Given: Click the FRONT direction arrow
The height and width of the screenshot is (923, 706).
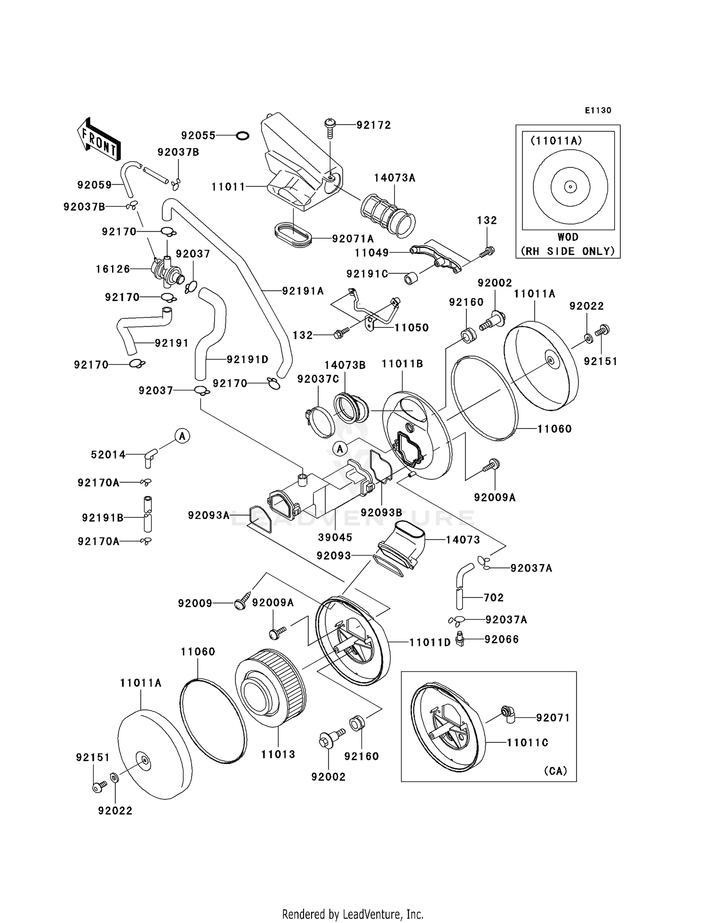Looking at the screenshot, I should pos(99,140).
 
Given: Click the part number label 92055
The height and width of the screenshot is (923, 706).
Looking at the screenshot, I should pos(198,135).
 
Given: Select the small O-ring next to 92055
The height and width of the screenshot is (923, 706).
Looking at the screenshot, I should pos(242,135).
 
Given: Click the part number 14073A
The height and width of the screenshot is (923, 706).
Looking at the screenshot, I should pos(394,178).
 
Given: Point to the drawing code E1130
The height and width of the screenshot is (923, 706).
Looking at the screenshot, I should pos(598,111).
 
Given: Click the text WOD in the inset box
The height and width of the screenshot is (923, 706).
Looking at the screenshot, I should pos(568,237).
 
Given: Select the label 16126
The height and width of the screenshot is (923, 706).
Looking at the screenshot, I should pos(113,269).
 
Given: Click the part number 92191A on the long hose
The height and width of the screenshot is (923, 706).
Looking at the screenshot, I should pos(303,291).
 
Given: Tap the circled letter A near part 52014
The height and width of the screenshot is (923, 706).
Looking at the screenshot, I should pos(183,436).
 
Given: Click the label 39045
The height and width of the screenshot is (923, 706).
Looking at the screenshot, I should pos(335,537).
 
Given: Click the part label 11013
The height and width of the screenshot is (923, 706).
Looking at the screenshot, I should pos(278,754).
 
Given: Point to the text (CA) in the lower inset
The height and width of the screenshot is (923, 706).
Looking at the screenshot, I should pos(555,771).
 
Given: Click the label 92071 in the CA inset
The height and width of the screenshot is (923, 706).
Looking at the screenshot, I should pos(553,717).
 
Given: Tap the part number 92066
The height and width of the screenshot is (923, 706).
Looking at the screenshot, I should pos(502,639).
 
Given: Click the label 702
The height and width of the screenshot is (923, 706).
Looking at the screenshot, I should pos(494,597).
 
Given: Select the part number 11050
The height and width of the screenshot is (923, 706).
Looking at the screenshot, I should pos(411,327).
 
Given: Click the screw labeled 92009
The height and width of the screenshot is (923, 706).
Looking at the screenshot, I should pos(241,604).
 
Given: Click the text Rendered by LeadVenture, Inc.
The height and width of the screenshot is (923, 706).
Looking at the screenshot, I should pos(353,914).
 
